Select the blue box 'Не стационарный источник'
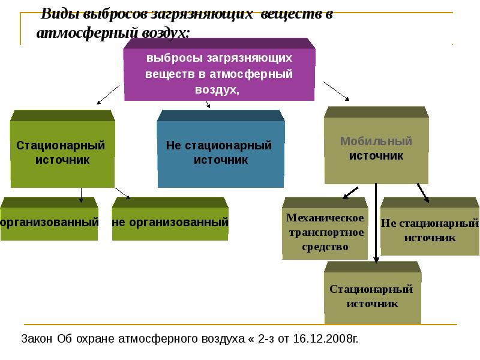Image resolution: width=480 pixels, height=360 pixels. click(x=220, y=154)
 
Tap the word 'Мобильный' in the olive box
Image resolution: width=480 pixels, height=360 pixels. click(x=376, y=142)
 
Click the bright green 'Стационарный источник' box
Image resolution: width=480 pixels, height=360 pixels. click(x=62, y=153)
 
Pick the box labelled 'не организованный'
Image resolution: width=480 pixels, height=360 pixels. click(x=170, y=223)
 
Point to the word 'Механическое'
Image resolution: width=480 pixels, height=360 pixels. click(x=325, y=217)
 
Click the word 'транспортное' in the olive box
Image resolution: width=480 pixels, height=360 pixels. click(x=325, y=232)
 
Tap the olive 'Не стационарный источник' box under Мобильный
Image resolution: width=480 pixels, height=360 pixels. click(x=430, y=230)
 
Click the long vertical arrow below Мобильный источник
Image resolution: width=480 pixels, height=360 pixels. click(x=376, y=222)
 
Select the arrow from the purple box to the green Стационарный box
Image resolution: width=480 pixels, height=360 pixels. click(x=109, y=94)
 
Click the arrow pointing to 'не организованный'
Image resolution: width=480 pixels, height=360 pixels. click(x=122, y=192)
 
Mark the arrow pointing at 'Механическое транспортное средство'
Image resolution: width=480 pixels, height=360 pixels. click(x=351, y=192)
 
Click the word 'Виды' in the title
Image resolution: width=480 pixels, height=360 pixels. click(x=57, y=15)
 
